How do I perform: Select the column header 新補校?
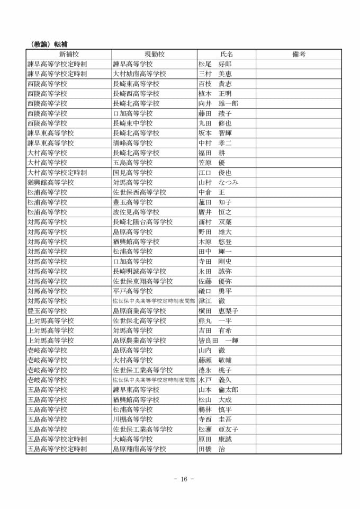(x=69, y=54)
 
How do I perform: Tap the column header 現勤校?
(x=154, y=54)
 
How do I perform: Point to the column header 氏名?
(x=227, y=54)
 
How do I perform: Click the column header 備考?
(x=299, y=54)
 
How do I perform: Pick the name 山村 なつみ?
(x=218, y=182)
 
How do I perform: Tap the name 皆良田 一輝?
(x=218, y=341)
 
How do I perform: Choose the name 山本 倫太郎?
(x=218, y=390)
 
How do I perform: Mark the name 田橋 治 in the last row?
(x=211, y=449)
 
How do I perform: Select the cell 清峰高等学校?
(x=133, y=143)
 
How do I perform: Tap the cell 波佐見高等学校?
(x=136, y=212)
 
